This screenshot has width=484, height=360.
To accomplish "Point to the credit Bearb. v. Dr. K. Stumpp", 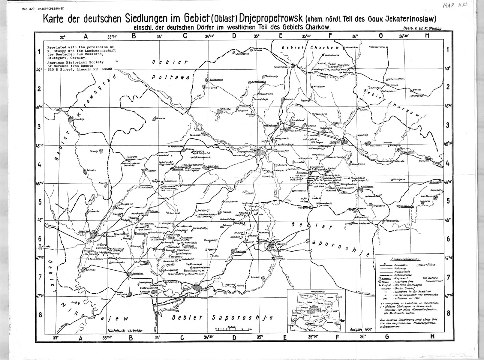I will coord(423,28).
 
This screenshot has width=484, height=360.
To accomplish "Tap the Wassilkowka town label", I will coord(365,186).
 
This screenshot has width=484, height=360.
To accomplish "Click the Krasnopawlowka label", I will coord(377,47).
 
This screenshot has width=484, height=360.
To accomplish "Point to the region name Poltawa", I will coord(170,77).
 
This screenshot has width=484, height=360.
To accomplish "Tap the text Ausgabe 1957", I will coord(361,329).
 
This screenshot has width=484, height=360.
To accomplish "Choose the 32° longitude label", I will coord(62,37).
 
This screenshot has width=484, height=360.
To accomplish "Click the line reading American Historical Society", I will coord(75,62).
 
